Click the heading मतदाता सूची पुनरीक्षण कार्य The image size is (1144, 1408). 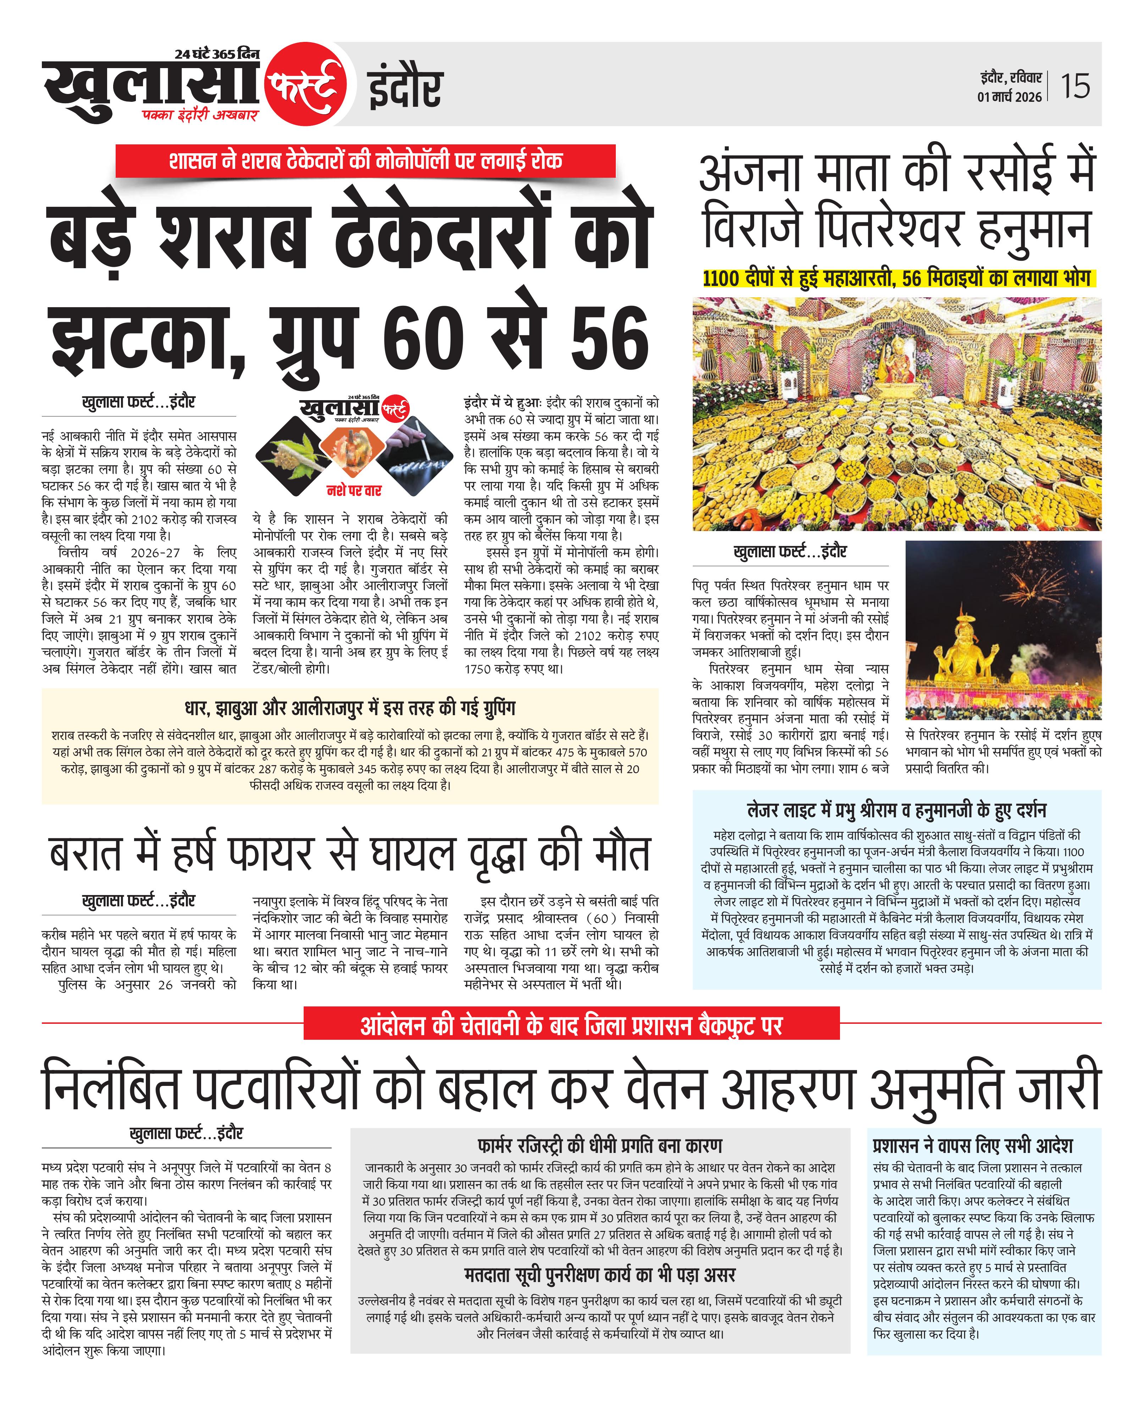(600, 1275)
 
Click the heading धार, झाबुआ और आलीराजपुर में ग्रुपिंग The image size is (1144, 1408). (349, 708)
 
